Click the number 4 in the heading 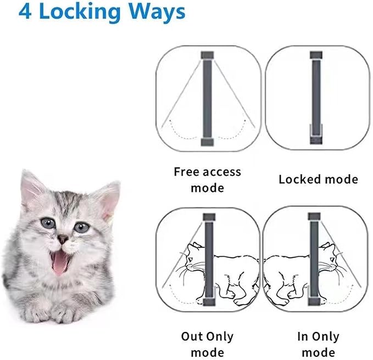[26, 12]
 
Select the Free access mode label [207, 179]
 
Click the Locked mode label [318, 179]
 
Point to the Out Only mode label [207, 344]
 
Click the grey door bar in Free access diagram [208, 99]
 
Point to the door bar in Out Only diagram [208, 258]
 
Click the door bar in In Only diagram [314, 258]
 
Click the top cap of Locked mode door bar [315, 55]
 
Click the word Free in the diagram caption [186, 172]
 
